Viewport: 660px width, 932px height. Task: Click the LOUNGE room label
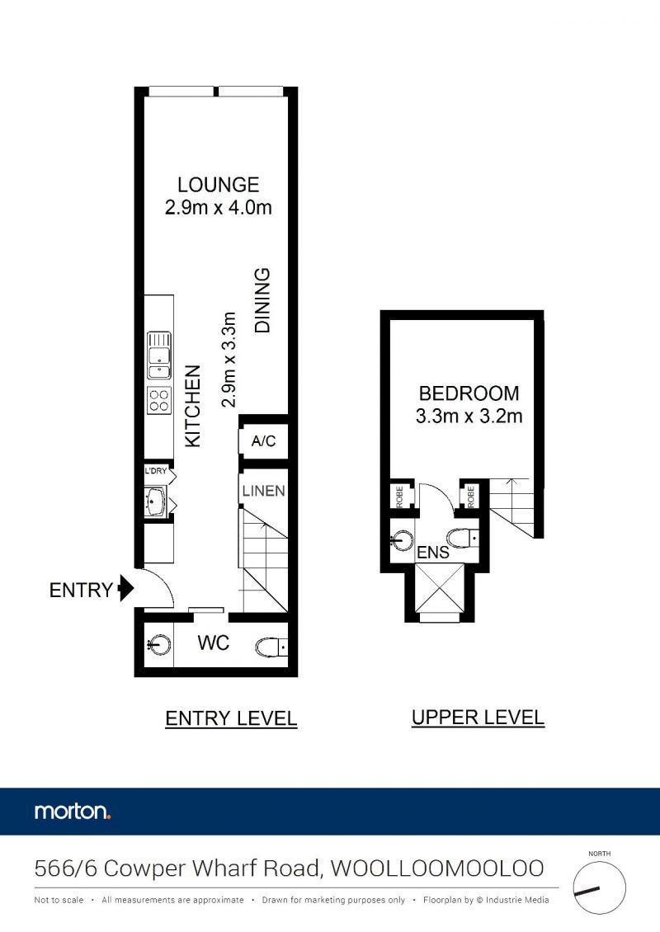(219, 184)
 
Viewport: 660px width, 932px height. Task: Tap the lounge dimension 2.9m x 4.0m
(219, 208)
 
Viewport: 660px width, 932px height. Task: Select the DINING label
(262, 300)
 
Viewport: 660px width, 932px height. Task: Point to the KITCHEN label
(193, 406)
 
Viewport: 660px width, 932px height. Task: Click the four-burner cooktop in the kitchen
(159, 400)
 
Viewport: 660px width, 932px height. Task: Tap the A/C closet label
(263, 441)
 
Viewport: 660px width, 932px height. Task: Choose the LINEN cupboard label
(263, 491)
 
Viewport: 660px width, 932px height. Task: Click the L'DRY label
(156, 471)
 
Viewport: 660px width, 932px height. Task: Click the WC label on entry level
(214, 643)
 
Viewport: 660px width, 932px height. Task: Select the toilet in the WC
(271, 647)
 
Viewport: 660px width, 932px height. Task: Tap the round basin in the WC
(159, 645)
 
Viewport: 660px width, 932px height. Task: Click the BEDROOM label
(469, 393)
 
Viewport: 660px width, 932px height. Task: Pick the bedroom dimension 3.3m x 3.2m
(469, 416)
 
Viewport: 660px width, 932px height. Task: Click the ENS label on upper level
(433, 552)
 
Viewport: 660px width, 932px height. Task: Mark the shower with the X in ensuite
(439, 588)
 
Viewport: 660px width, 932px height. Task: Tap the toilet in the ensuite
(463, 538)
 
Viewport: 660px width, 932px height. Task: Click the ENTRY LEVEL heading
(231, 718)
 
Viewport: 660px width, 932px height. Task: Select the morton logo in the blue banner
(73, 812)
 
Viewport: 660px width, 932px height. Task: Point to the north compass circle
(599, 888)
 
